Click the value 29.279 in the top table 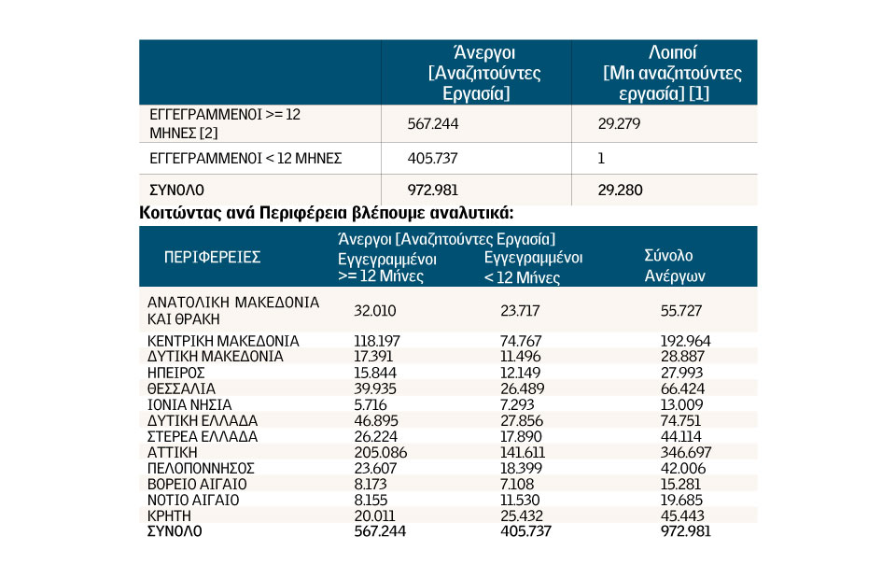tap(619, 123)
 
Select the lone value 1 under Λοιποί tap(600, 159)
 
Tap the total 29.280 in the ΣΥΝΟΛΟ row tap(620, 190)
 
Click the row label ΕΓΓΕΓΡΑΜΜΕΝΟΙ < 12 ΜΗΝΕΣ tap(245, 159)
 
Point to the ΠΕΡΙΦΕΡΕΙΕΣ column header tap(212, 257)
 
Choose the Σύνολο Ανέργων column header tap(675, 266)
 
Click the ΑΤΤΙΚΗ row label tap(172, 452)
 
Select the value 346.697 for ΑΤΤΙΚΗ tap(686, 452)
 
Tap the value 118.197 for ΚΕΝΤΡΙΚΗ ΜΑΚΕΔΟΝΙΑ tap(377, 341)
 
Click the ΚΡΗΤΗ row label tap(169, 515)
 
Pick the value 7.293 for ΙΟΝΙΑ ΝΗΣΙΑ tap(517, 404)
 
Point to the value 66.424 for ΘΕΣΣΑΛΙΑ tap(682, 388)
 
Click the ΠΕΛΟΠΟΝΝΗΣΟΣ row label tap(201, 468)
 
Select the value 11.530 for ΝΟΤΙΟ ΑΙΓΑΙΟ tap(520, 500)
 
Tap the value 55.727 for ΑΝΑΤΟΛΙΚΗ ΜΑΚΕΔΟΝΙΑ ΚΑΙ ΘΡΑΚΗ tap(681, 310)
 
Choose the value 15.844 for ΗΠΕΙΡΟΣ tap(375, 373)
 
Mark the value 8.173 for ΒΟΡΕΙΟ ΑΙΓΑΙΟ tap(371, 484)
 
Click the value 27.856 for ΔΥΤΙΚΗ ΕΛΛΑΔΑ tap(522, 420)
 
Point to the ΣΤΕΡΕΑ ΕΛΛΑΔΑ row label tap(203, 437)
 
